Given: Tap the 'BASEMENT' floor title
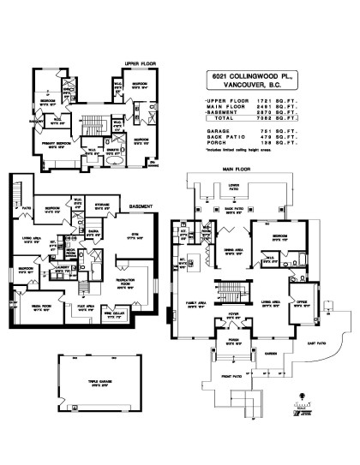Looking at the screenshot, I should click(x=141, y=206).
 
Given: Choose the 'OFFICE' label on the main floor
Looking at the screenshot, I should click(x=300, y=301).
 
